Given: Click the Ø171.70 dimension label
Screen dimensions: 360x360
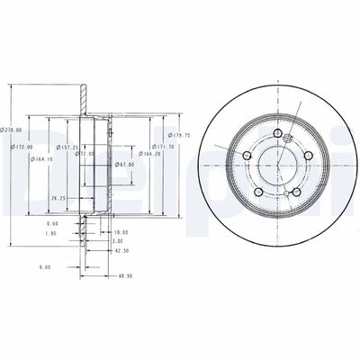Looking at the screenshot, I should coord(163,146).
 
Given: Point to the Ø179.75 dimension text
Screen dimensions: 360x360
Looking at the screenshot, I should coord(181,136).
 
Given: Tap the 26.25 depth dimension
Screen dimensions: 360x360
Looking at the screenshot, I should coord(58,198).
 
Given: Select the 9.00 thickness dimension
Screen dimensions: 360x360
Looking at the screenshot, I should coord(44,266).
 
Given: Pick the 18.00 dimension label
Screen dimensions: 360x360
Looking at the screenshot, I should coord(121,231).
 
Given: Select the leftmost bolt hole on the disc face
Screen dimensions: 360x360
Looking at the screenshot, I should coord(247,155).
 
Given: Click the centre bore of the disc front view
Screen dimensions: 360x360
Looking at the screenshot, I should coord(275,169).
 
